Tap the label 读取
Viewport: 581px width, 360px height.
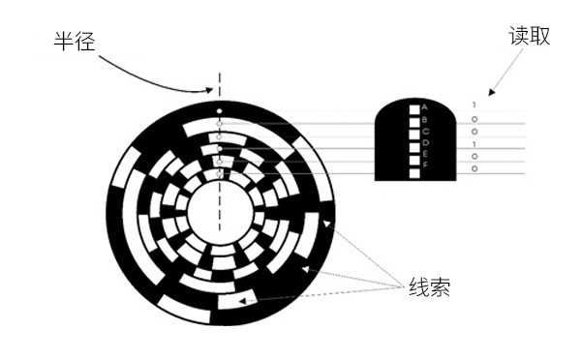pyautogui.click(x=529, y=37)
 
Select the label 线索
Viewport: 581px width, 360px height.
pyautogui.click(x=428, y=287)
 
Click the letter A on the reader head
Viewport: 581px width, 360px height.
pyautogui.click(x=425, y=106)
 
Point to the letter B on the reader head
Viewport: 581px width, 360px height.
pyautogui.click(x=425, y=118)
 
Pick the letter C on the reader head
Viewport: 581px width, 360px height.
pyautogui.click(x=425, y=130)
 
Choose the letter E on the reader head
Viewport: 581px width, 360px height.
pyautogui.click(x=425, y=153)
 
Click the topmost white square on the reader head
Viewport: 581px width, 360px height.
pyautogui.click(x=413, y=106)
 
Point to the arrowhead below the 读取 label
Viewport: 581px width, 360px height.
pyautogui.click(x=492, y=94)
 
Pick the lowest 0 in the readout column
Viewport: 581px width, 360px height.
pyautogui.click(x=474, y=169)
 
